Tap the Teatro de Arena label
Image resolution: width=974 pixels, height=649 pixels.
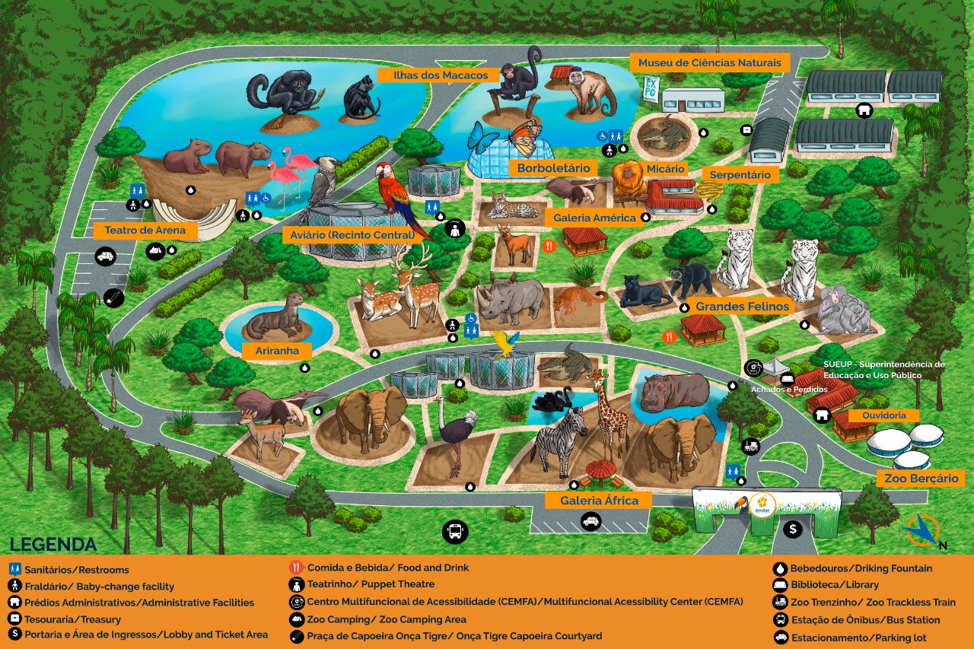[x=140, y=230]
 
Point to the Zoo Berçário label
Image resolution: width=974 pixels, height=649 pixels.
[x=920, y=479]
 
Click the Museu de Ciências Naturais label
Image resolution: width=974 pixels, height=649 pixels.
[x=709, y=62]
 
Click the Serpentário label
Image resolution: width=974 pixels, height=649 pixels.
[x=740, y=174]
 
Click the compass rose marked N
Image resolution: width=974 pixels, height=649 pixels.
[x=923, y=530]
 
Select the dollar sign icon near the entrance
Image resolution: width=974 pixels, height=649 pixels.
[x=793, y=529]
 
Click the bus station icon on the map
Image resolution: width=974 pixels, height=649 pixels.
[x=455, y=530]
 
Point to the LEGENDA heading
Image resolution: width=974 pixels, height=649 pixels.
[x=53, y=545]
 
